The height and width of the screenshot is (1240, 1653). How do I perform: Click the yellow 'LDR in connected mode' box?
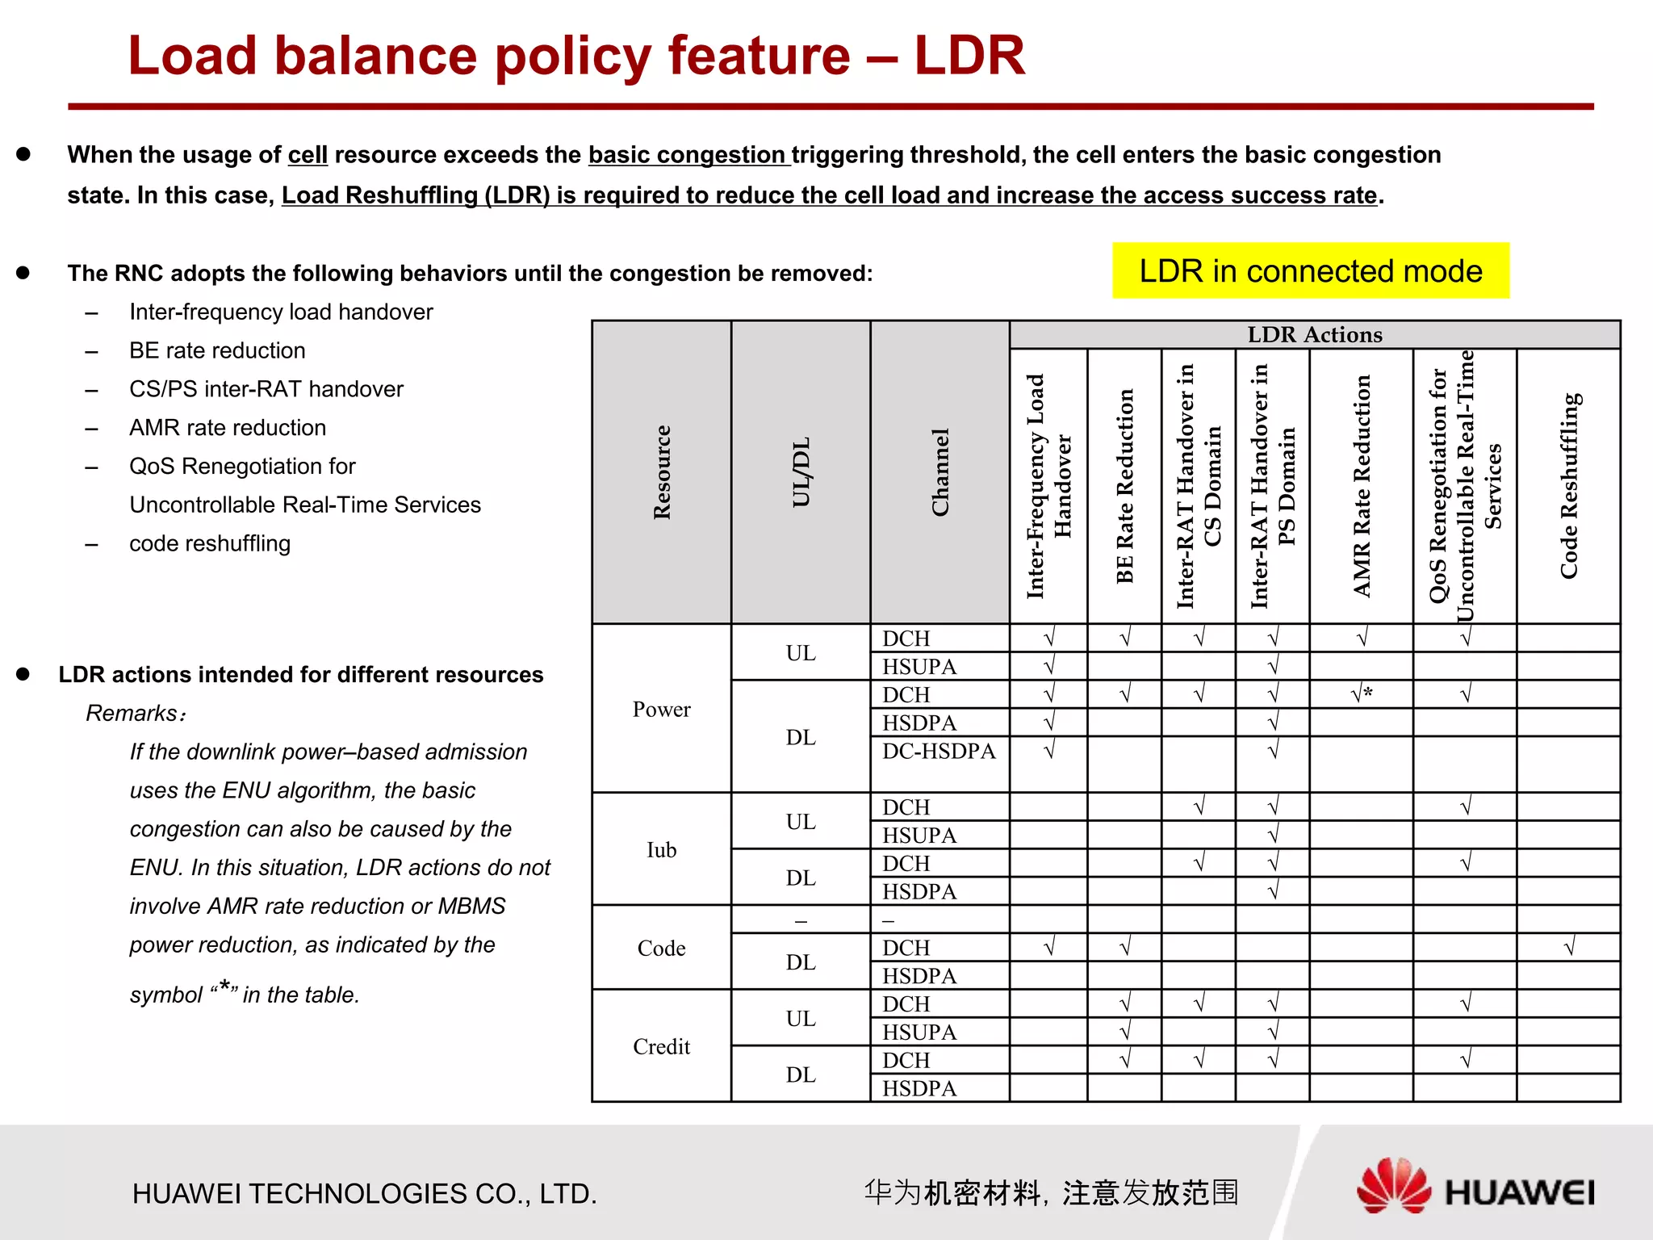click(x=1310, y=271)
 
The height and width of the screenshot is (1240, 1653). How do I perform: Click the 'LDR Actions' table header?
click(x=1314, y=334)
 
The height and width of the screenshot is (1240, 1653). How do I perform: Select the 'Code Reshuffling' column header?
click(x=1568, y=486)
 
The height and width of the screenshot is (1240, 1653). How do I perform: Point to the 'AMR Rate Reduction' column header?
click(x=1362, y=486)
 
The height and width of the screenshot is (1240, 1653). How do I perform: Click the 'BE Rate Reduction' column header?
click(x=1124, y=486)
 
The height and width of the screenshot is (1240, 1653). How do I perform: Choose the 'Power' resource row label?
click(x=661, y=709)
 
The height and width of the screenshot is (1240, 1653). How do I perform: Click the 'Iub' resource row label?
click(x=661, y=849)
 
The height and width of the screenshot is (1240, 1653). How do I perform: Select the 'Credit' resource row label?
click(x=661, y=1046)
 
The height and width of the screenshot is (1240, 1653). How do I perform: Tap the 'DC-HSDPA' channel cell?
click(x=939, y=751)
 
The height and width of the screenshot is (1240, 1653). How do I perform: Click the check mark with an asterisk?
click(x=1362, y=694)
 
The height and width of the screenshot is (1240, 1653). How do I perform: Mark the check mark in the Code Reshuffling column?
click(x=1568, y=947)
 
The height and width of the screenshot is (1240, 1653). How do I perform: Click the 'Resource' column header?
click(x=662, y=472)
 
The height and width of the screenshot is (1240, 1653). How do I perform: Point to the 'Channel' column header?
click(x=939, y=472)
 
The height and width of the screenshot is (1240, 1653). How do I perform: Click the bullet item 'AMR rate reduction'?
click(x=228, y=428)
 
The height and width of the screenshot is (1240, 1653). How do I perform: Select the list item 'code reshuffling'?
click(x=210, y=543)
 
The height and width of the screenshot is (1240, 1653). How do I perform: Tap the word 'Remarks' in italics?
click(x=132, y=713)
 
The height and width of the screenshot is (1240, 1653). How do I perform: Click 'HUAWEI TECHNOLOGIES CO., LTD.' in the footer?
click(x=365, y=1193)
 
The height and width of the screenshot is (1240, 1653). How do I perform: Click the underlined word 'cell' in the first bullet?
click(x=308, y=154)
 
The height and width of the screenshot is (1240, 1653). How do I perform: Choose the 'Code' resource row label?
click(x=661, y=948)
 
